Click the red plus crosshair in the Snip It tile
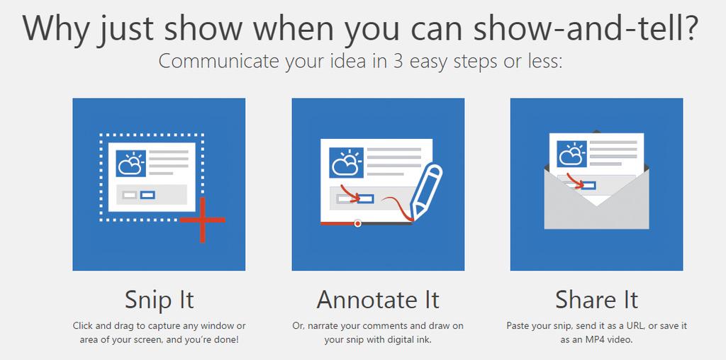point(202,220)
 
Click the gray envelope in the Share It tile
point(596,199)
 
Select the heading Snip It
point(159,300)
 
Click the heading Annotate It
point(378,300)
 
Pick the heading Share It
point(596,300)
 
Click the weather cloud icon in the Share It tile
point(572,154)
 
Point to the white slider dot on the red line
point(357,223)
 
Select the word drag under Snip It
point(128,327)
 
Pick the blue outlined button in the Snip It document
point(147,195)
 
